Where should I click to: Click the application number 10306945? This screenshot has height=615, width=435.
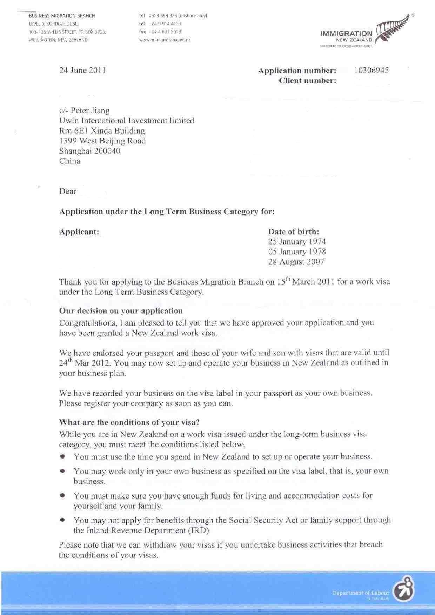click(x=371, y=70)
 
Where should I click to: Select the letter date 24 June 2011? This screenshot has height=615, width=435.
click(x=82, y=70)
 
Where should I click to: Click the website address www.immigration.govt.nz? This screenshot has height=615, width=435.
click(x=165, y=40)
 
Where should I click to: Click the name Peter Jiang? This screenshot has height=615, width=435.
click(x=90, y=111)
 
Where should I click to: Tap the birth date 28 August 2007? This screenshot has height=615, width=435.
click(x=296, y=262)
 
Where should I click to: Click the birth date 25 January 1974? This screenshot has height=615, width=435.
click(x=297, y=242)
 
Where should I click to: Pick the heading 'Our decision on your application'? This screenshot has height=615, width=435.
click(x=121, y=311)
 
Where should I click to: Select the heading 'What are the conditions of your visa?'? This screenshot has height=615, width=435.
click(x=129, y=422)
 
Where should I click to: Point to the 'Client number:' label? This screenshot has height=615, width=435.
click(x=307, y=81)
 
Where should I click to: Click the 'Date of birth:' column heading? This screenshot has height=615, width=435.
click(x=294, y=232)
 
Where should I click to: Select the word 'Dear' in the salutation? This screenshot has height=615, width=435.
click(x=68, y=191)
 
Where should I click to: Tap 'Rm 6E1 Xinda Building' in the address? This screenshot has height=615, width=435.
click(x=102, y=131)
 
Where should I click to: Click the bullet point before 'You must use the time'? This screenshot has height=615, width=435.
click(x=62, y=456)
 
